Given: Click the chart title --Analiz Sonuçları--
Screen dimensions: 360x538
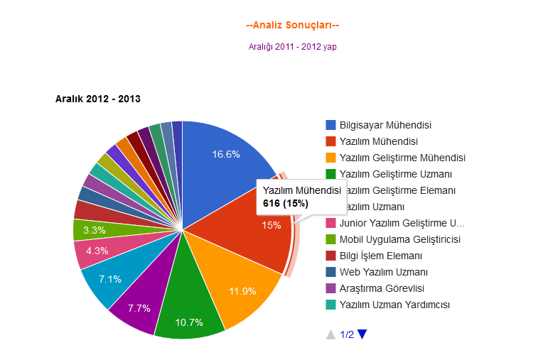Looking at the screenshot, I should [x=292, y=26].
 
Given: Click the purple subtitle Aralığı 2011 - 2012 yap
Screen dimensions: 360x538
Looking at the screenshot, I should [x=292, y=47].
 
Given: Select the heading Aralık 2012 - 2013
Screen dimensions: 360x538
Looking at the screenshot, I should [x=97, y=99].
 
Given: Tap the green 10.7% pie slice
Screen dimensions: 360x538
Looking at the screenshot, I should [x=189, y=312].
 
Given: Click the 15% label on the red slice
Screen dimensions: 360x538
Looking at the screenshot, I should [x=271, y=225].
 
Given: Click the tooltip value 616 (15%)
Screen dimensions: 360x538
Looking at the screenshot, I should [x=286, y=204].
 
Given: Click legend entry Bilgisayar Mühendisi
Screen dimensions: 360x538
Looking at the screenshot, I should [x=385, y=125].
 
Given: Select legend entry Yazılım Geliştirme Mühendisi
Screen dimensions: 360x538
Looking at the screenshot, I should [x=402, y=158].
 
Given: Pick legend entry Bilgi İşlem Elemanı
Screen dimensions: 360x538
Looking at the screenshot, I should [x=381, y=256].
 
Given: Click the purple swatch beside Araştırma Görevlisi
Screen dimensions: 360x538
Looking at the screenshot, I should [x=330, y=288].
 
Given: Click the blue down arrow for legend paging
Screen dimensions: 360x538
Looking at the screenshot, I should [x=362, y=334].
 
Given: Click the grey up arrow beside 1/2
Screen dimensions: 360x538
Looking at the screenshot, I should [x=330, y=334].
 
